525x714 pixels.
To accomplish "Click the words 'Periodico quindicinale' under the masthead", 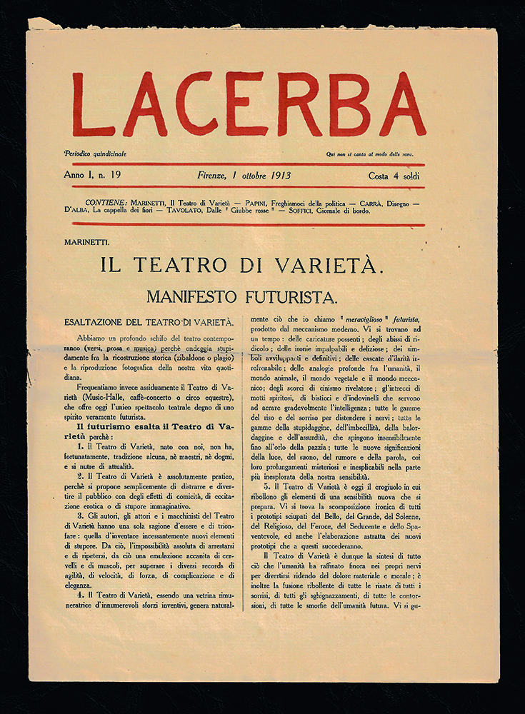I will pos(96,154).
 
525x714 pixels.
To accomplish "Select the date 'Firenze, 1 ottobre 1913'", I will pos(244,176).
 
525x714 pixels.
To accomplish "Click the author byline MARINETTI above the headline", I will pos(86,243).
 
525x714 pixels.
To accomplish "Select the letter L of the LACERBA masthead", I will pos(92,105).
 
